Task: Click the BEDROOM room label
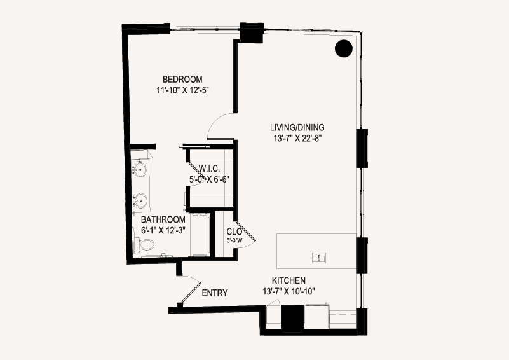[x=182, y=80]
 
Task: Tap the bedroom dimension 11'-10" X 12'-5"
[x=182, y=90]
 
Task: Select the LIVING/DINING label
[x=297, y=127]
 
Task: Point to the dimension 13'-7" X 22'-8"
[x=297, y=139]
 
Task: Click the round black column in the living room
[x=343, y=48]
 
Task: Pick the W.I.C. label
[x=209, y=169]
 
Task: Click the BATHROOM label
[x=163, y=219]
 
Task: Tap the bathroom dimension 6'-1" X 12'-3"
[x=163, y=230]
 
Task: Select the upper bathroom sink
[x=140, y=169]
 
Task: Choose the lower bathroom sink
[x=140, y=200]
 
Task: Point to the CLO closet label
[x=234, y=232]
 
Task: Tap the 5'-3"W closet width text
[x=234, y=240]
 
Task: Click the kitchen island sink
[x=319, y=258]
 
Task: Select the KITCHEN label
[x=288, y=280]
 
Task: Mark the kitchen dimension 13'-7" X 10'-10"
[x=288, y=291]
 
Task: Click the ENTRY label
[x=215, y=293]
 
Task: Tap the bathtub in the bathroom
[x=200, y=235]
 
